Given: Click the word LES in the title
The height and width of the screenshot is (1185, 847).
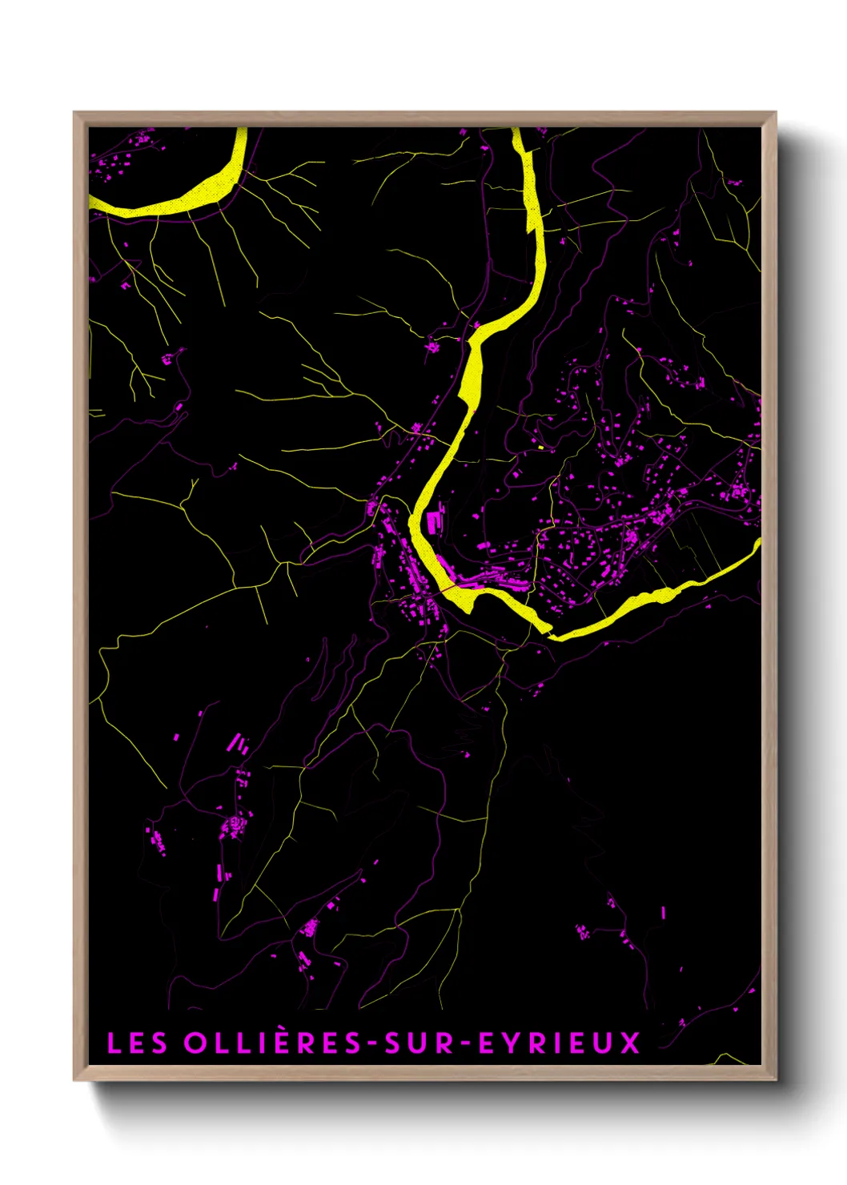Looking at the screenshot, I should point(137,1043).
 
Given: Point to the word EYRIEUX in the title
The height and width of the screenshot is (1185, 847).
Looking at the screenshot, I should point(560,1043).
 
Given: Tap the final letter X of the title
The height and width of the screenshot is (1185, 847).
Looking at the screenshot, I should point(631,1043).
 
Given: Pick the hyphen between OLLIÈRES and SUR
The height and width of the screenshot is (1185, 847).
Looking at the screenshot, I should point(372,1044).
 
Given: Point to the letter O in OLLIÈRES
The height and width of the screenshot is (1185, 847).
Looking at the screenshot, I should point(195,1043).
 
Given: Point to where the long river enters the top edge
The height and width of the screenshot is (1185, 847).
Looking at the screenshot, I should point(517,133).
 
